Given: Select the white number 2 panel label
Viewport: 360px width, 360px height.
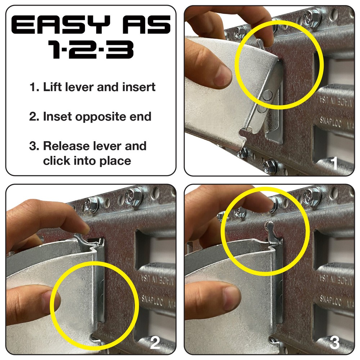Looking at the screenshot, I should tap(155, 343).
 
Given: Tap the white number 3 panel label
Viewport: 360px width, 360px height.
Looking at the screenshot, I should tap(334, 343).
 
